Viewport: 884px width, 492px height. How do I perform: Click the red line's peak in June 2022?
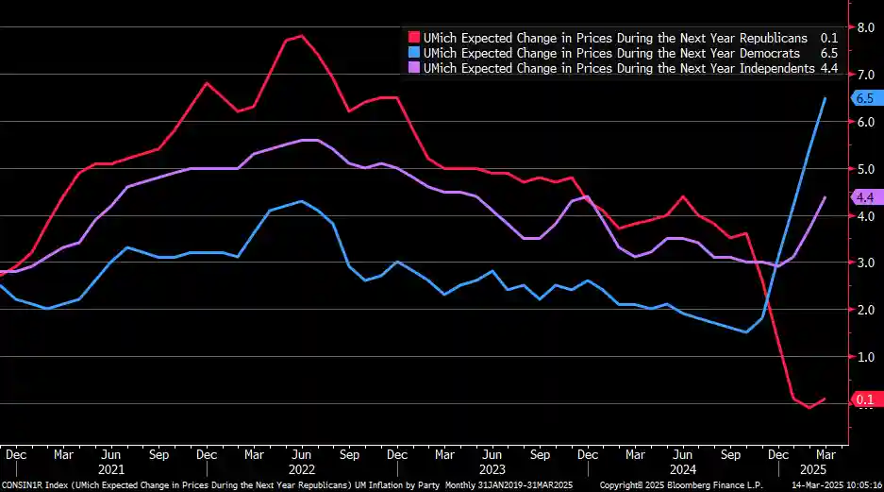300,36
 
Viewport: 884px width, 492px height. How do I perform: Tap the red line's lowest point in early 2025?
809,408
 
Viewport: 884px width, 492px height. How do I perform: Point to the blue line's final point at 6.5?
826,98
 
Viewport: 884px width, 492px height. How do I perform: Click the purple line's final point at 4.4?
826,197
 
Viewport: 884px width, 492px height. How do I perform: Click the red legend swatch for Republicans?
413,38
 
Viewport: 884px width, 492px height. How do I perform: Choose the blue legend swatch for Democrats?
413,53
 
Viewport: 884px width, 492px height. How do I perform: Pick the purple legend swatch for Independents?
413,68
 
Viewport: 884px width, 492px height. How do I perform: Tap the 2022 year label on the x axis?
301,469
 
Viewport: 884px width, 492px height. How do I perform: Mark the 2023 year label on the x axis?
492,469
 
